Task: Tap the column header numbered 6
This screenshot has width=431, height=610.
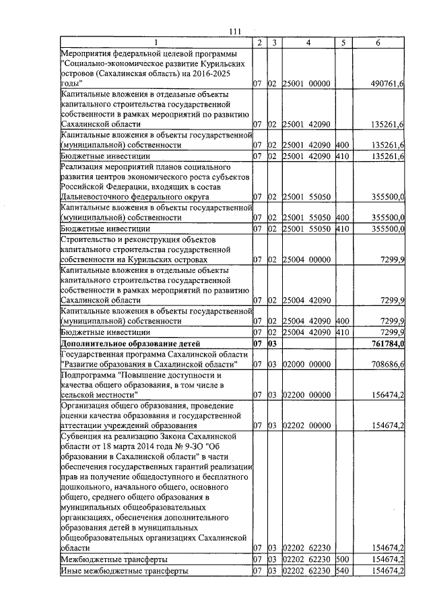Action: (x=378, y=43)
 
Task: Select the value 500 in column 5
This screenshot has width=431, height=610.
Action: (x=342, y=559)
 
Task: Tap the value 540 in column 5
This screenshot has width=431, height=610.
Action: (x=342, y=571)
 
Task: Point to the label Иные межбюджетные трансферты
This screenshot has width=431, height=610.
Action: (x=124, y=571)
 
